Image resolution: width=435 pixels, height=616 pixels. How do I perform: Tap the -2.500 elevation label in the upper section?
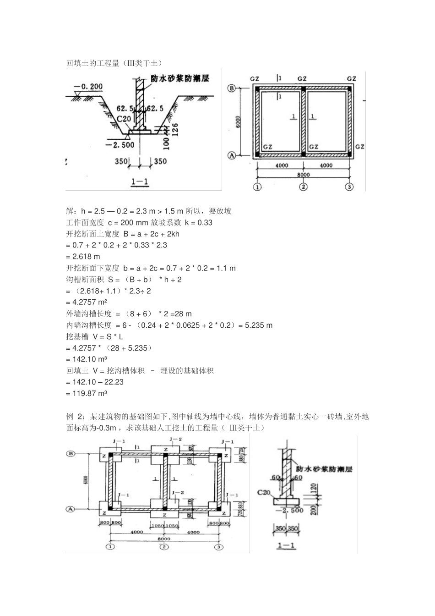tap(120, 145)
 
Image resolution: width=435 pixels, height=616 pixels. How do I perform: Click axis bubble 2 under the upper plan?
tap(303, 187)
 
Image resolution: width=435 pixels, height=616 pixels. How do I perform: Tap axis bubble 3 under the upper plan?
tap(350, 187)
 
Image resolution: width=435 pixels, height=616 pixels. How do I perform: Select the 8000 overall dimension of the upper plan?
tap(303, 175)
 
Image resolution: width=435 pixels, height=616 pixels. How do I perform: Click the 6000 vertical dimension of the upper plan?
tap(239, 121)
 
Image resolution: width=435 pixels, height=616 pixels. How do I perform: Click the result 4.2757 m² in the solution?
tap(87, 302)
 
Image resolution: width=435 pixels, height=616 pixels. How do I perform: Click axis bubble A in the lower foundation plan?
tap(71, 509)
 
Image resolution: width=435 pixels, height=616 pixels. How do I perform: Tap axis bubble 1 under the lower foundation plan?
tap(110, 547)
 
